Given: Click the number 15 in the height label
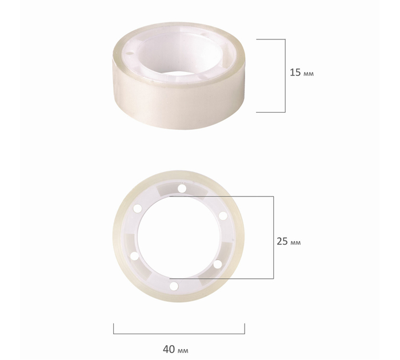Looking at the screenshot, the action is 295,73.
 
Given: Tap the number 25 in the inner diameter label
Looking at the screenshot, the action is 282,241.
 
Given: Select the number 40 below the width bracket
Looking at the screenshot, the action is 169,349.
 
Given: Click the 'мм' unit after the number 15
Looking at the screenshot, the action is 309,74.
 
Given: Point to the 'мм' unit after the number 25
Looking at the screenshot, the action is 295,243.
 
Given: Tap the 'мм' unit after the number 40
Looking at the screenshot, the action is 183,351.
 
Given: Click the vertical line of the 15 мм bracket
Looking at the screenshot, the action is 285,75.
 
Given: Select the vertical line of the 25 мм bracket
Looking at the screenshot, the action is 274,237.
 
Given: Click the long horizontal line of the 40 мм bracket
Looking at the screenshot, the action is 179,334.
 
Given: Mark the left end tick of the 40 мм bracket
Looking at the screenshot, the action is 114,329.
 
